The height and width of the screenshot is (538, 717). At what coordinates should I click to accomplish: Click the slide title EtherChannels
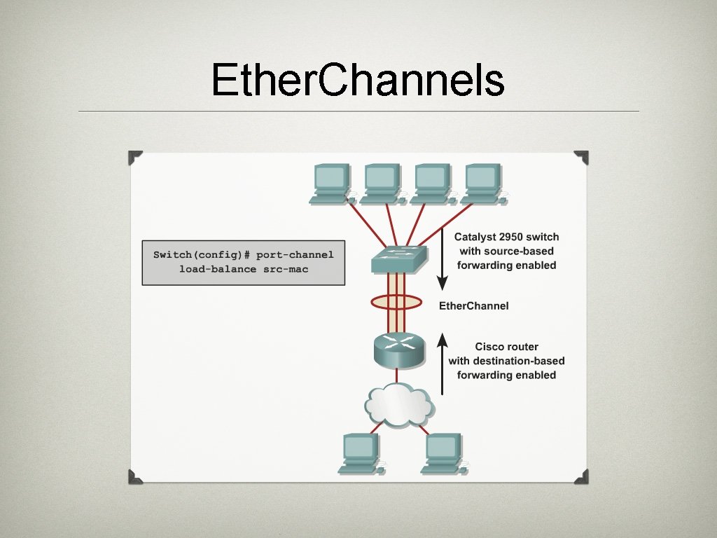coord(358,80)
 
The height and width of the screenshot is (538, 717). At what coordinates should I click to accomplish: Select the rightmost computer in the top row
coord(483,184)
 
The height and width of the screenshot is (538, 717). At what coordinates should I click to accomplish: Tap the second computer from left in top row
coord(382,184)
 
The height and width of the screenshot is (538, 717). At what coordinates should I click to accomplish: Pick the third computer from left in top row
coord(433,184)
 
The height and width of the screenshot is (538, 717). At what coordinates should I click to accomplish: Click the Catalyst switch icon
coord(397,260)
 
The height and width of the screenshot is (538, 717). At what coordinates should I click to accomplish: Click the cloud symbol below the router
coord(398,405)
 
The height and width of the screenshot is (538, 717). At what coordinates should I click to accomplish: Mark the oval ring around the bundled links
coord(396,303)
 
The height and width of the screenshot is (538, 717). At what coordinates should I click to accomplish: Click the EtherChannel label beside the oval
coord(473,306)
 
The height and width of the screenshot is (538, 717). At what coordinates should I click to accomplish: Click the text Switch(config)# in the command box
coord(202,255)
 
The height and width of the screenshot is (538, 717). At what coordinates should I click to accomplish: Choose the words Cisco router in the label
coord(506,347)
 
